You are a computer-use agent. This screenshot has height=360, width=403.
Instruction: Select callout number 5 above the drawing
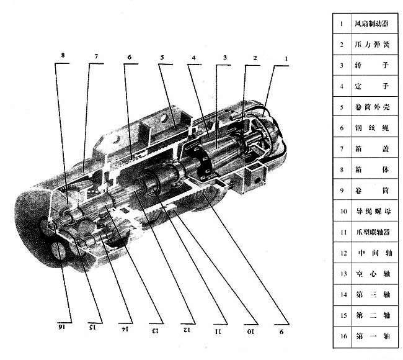tap(161, 57)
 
